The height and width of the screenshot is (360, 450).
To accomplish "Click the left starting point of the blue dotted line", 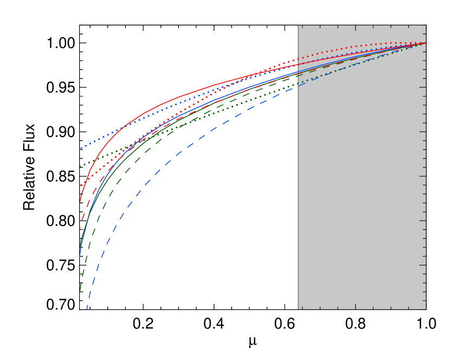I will coord(81,148).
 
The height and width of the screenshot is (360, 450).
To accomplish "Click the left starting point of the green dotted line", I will coord(80,166).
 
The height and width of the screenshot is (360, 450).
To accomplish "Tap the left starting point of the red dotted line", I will coord(81,185).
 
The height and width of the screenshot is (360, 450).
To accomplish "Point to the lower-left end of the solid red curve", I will coord(80,203).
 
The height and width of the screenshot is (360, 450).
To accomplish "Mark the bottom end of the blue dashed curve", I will coord(87,308).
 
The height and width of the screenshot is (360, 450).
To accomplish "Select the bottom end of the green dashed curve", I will coord(80,290).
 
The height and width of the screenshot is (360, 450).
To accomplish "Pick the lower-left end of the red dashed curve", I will coord(79,229).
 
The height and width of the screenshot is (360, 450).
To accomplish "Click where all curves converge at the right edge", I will coord(425,43).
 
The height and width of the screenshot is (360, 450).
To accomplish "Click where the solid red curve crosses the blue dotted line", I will coord(124,127).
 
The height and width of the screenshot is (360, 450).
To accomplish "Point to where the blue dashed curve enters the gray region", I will coord(298,86).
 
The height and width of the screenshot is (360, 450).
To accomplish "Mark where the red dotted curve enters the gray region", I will coord(298,59).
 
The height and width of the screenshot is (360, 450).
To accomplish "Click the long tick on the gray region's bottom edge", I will coord(355,306).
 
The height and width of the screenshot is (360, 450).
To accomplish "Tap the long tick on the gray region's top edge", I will coord(355,28).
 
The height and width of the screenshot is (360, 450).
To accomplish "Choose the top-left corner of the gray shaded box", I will coord(298,25).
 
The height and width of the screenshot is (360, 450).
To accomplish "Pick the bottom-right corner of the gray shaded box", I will coord(426,309).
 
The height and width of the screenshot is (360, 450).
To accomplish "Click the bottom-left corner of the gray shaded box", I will coord(298,309).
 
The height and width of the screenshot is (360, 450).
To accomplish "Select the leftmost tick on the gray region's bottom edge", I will coord(302,307).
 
